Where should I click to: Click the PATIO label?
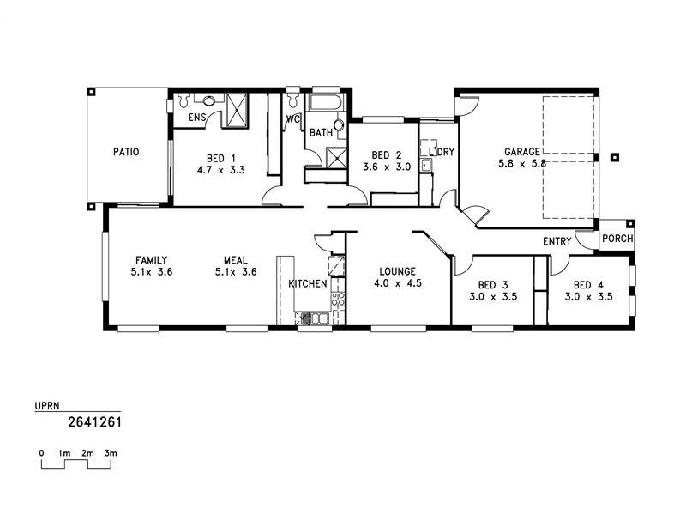(126, 152)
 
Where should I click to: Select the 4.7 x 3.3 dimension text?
(221, 170)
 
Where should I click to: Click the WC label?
(292, 119)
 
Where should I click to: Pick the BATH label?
(321, 133)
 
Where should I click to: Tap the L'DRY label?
(441, 152)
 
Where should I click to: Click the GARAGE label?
(522, 151)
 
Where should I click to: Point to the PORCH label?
(617, 239)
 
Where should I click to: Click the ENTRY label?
(557, 242)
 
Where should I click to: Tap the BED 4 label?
(587, 285)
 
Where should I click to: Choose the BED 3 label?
(492, 285)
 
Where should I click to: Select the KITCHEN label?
(307, 283)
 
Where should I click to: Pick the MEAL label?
(237, 260)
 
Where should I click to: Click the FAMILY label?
(150, 260)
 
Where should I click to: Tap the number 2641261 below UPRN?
(93, 421)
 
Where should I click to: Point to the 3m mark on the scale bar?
(111, 451)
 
